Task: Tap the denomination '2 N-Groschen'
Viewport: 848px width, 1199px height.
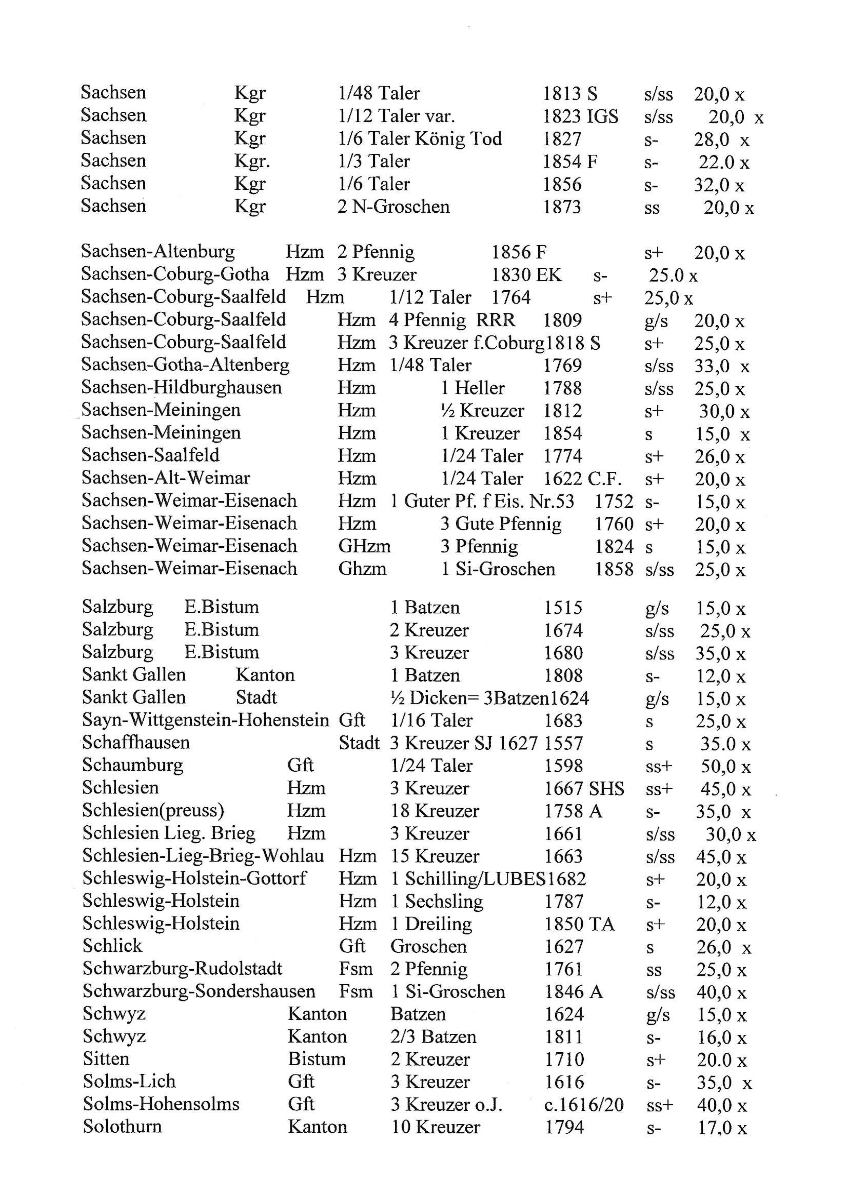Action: pyautogui.click(x=393, y=207)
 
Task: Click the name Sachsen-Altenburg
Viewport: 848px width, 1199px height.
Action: pyautogui.click(x=158, y=252)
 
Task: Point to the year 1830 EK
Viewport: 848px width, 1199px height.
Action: pyautogui.click(x=526, y=275)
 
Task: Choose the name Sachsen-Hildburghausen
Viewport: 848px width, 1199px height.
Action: pyautogui.click(x=181, y=387)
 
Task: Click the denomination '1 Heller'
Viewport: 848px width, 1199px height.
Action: pyautogui.click(x=473, y=388)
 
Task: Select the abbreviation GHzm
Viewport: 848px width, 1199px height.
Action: pyautogui.click(x=364, y=546)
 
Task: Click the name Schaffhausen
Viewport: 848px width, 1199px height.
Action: pyautogui.click(x=136, y=743)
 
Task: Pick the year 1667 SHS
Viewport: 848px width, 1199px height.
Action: pyautogui.click(x=584, y=788)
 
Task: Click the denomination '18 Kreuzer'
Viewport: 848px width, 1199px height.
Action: pyautogui.click(x=435, y=811)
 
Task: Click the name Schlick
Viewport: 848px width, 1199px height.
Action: pyautogui.click(x=112, y=946)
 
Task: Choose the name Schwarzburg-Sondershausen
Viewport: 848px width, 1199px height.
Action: pyautogui.click(x=198, y=991)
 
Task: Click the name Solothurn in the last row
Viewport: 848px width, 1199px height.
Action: pyautogui.click(x=122, y=1127)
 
